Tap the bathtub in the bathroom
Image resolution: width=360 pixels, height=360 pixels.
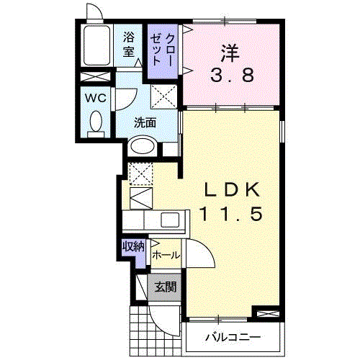[x=96, y=47]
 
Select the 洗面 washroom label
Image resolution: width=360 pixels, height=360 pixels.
[x=145, y=122]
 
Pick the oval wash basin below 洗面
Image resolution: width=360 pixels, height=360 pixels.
[x=143, y=146]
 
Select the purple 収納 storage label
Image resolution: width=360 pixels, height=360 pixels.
[x=133, y=246]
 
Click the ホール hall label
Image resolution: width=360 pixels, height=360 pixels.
[x=166, y=254]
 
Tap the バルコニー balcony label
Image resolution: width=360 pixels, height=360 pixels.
[x=232, y=337]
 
